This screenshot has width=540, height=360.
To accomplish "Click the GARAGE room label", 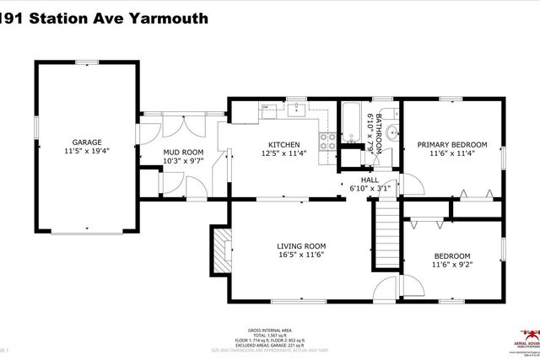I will tap(86, 142).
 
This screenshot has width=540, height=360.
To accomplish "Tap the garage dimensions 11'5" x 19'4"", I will tap(86, 151).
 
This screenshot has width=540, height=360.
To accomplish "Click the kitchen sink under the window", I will tap(298, 110).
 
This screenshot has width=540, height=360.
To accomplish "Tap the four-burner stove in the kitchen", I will tap(327, 142).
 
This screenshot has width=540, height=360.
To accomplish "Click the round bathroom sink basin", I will tap(392, 132).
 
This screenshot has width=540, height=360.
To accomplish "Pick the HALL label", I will tap(370, 180).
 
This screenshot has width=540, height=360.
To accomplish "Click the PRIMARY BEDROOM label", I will tap(452, 144).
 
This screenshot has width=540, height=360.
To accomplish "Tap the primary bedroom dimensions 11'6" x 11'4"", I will tap(452, 153).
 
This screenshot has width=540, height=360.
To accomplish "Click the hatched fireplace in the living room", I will tap(221, 250).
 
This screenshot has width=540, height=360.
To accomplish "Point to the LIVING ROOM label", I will tap(301, 246).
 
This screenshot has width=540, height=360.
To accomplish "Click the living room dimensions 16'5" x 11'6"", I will tap(301, 255).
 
